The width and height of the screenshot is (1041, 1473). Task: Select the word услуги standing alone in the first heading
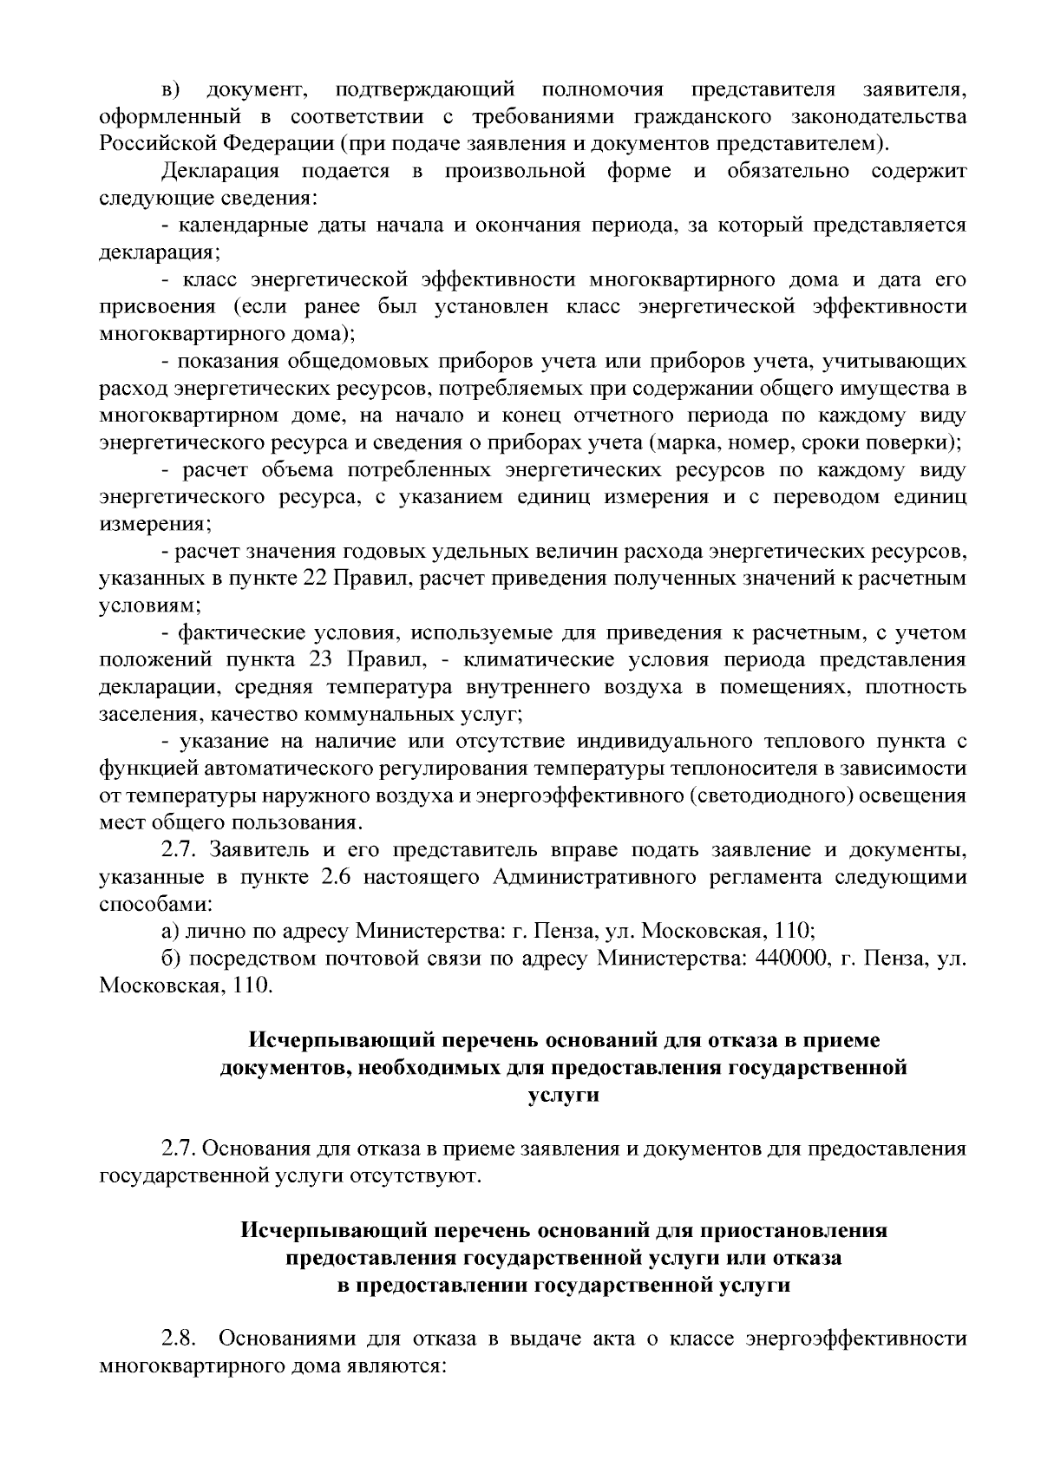tap(563, 1095)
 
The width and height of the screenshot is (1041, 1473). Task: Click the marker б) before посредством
tap(171, 959)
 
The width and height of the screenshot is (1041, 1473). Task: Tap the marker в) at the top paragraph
tap(170, 89)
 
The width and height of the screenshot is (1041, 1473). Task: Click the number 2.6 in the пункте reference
tap(334, 877)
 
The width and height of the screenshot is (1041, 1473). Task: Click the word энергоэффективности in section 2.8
tap(855, 1363)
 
